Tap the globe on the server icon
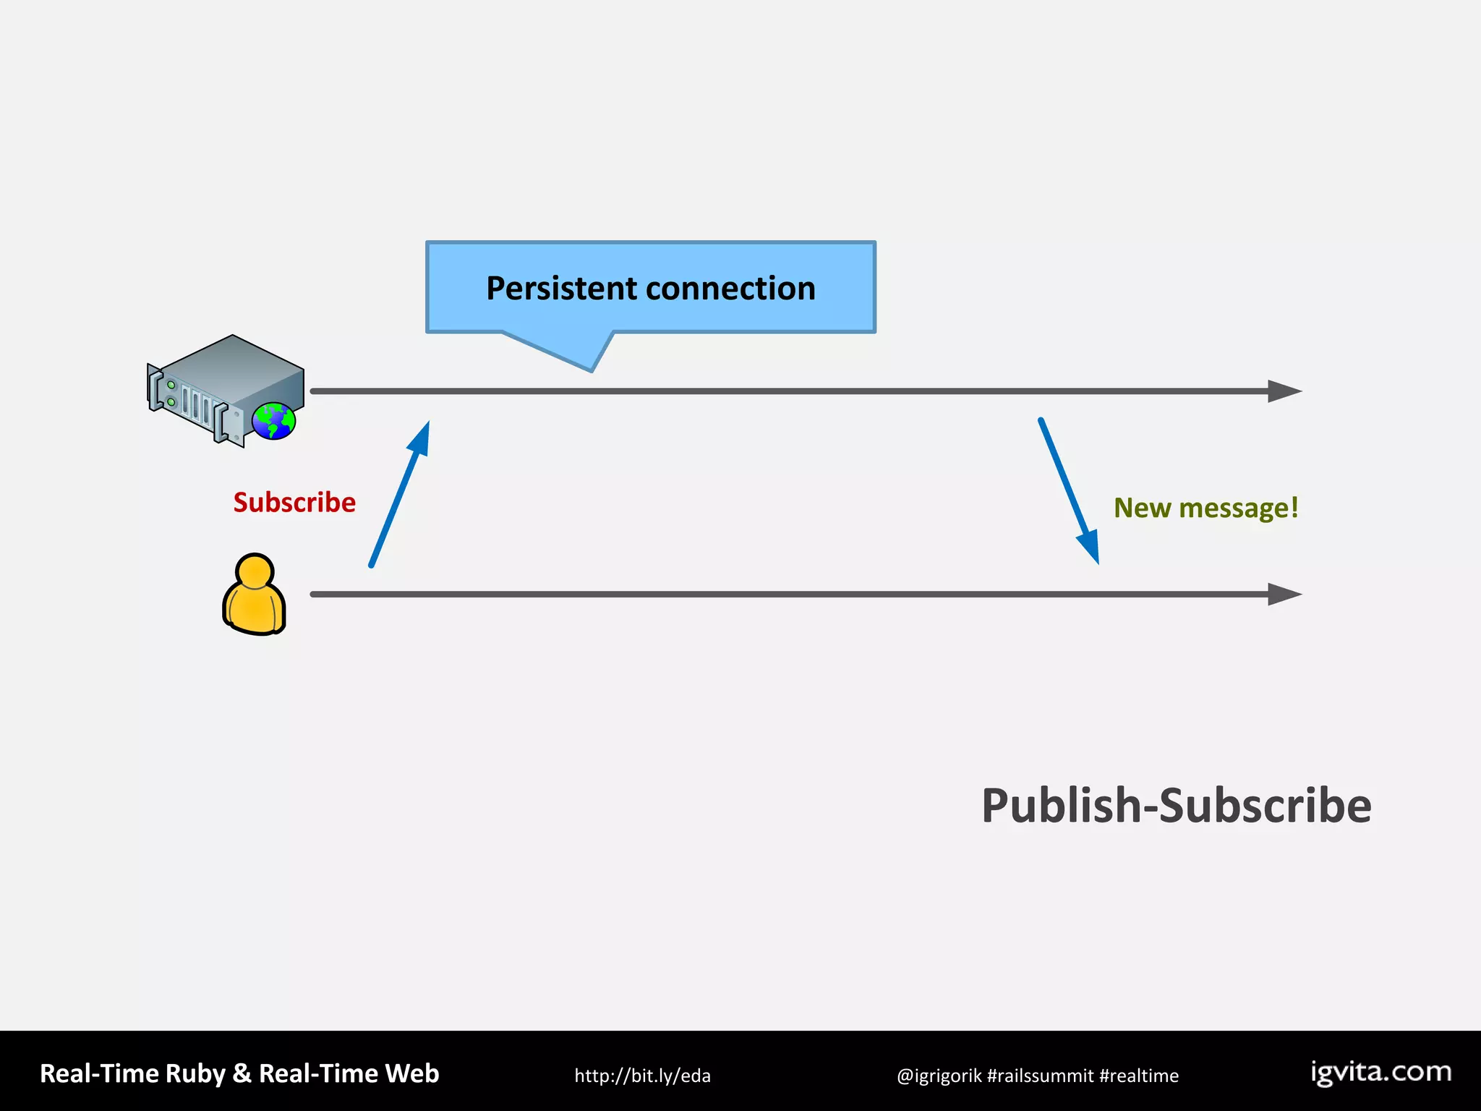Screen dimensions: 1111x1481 [x=274, y=421]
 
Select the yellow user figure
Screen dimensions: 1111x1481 [x=254, y=597]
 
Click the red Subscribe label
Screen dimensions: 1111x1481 [x=294, y=503]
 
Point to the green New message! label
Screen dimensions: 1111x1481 [x=1205, y=508]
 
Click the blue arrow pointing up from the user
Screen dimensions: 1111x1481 [x=400, y=493]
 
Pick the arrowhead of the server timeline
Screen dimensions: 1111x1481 [x=1284, y=391]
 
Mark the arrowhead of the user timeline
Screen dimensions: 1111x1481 [x=1284, y=595]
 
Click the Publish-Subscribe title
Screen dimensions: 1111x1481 [x=1176, y=806]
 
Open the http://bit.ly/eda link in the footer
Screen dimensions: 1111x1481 [x=642, y=1076]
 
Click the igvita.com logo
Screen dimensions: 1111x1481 [x=1381, y=1072]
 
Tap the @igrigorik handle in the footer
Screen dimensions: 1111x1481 [x=939, y=1076]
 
